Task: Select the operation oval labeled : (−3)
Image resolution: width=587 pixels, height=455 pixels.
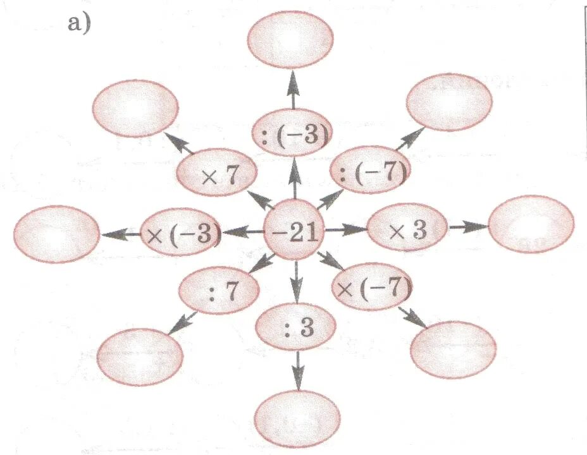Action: point(293,135)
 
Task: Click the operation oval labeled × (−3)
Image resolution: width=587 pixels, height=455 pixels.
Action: point(182,234)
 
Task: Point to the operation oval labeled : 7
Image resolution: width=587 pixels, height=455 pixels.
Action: point(219,291)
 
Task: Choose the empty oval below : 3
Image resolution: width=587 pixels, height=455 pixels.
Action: point(297,419)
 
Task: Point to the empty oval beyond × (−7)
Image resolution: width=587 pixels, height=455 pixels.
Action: point(453,349)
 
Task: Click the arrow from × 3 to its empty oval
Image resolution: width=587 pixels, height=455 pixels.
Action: point(467,227)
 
